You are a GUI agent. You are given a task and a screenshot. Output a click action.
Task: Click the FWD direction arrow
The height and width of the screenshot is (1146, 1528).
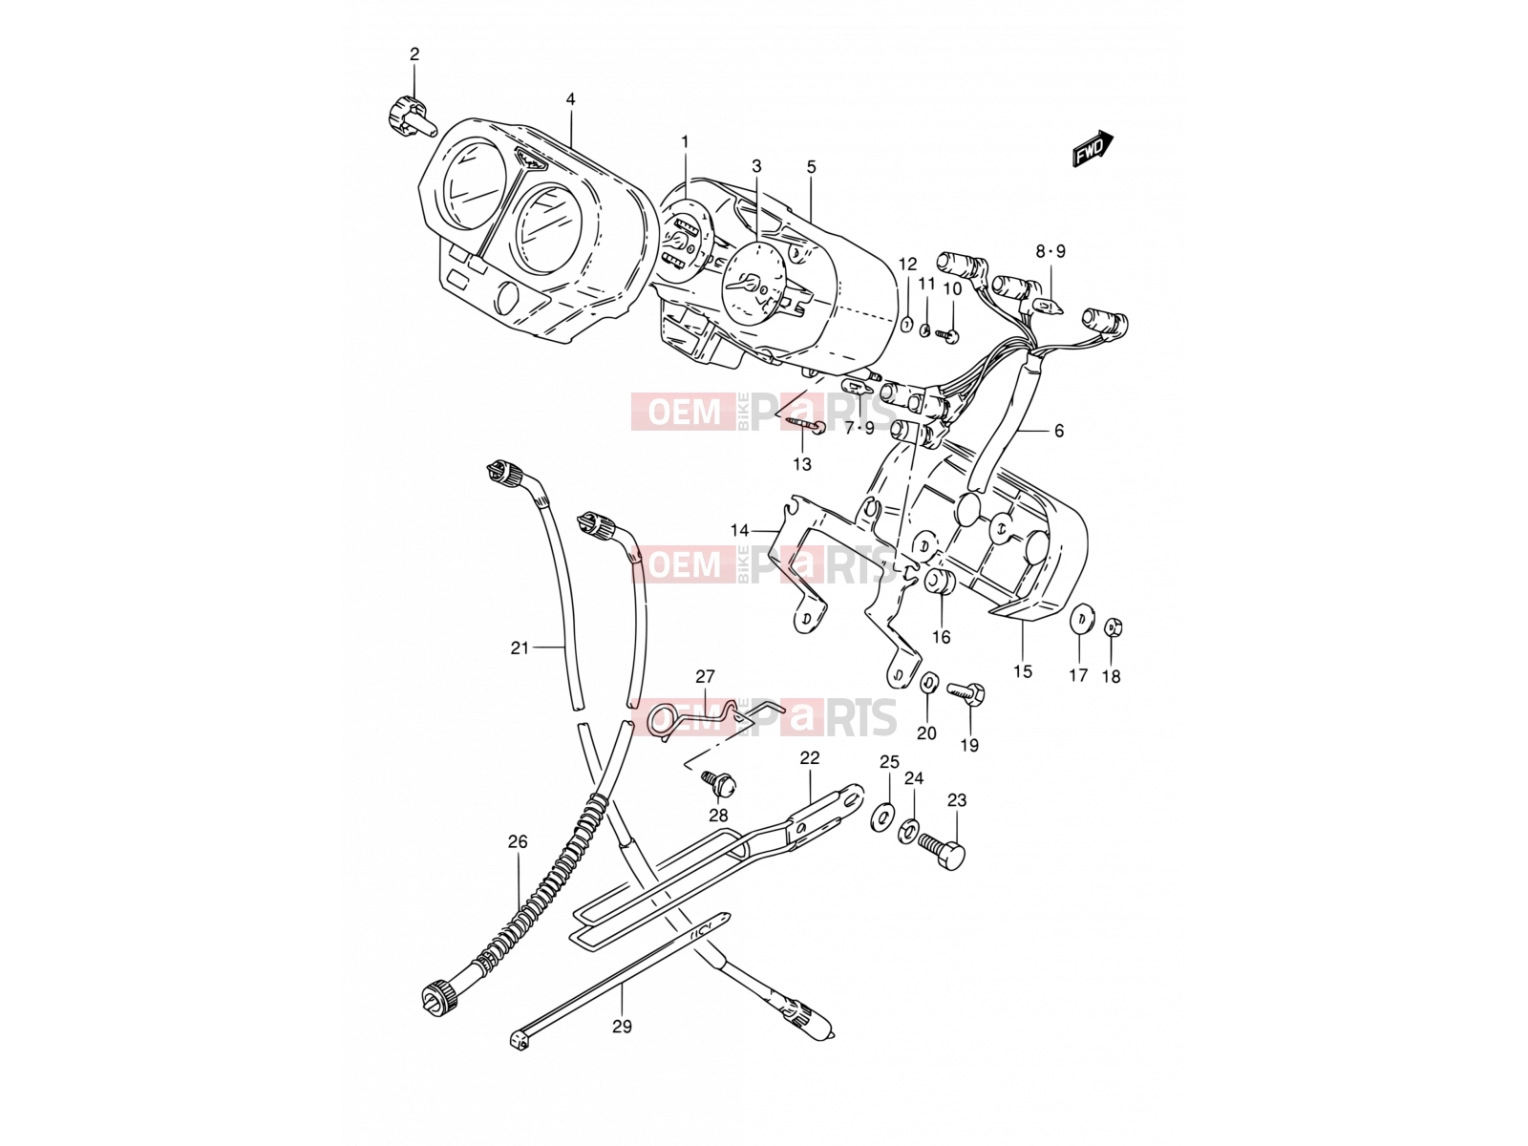click(x=1093, y=148)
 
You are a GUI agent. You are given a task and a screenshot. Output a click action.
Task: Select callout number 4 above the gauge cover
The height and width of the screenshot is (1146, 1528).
click(x=571, y=99)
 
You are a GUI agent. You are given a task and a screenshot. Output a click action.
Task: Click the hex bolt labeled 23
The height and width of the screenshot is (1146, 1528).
click(x=942, y=854)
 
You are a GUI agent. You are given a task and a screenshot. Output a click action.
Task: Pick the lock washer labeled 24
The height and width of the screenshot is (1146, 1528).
click(x=908, y=832)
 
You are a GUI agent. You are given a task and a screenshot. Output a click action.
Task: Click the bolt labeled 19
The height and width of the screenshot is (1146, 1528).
click(x=965, y=692)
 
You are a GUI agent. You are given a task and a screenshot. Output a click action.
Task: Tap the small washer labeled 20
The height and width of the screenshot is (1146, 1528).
click(x=927, y=683)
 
